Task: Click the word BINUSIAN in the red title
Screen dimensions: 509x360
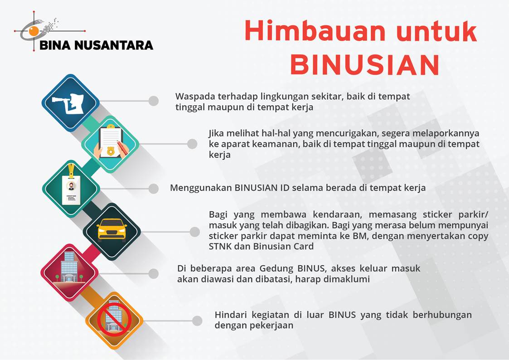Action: click(x=365, y=64)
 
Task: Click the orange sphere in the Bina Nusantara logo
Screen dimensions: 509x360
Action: click(x=34, y=31)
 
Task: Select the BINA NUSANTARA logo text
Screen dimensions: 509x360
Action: click(x=96, y=45)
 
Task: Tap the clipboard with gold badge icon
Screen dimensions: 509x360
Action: click(x=111, y=143)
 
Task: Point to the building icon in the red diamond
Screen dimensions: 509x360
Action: click(x=69, y=268)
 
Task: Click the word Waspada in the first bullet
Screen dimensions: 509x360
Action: click(x=195, y=97)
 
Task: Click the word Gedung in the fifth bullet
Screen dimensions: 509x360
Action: click(x=276, y=269)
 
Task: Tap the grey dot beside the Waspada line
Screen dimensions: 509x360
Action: click(x=154, y=101)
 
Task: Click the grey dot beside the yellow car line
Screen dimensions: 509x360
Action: click(x=195, y=232)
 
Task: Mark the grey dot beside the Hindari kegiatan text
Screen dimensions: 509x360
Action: click(x=197, y=321)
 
